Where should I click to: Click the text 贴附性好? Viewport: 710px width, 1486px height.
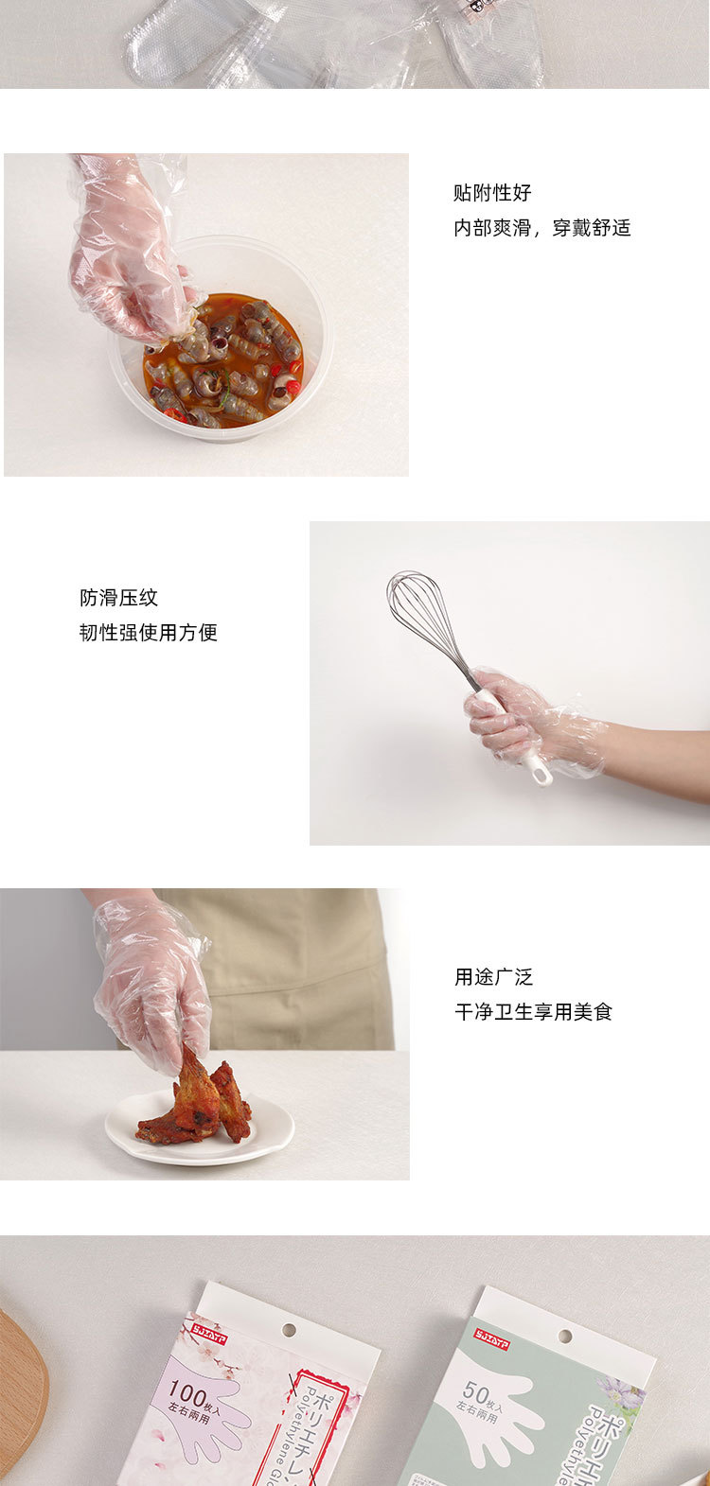pos(492,193)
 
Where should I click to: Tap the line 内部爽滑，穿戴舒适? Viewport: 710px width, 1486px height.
pos(541,228)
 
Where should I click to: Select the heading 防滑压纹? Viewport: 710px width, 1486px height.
pos(118,598)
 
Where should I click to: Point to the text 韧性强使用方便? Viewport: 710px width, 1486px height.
pos(149,633)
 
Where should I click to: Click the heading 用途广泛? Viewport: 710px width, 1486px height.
pos(493,977)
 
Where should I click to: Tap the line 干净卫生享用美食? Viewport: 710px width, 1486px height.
pos(534,1012)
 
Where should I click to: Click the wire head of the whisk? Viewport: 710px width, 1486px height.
pos(423,610)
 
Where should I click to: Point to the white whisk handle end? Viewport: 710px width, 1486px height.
pos(541,774)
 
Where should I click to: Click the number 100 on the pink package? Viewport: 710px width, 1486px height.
pos(187,1390)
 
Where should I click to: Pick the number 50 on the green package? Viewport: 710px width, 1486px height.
pos(476,1392)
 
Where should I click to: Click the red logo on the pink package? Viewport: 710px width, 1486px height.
pos(209,1328)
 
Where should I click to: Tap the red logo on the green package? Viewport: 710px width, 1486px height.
pos(492,1339)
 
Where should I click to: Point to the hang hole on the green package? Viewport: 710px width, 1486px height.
pos(564,1337)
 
